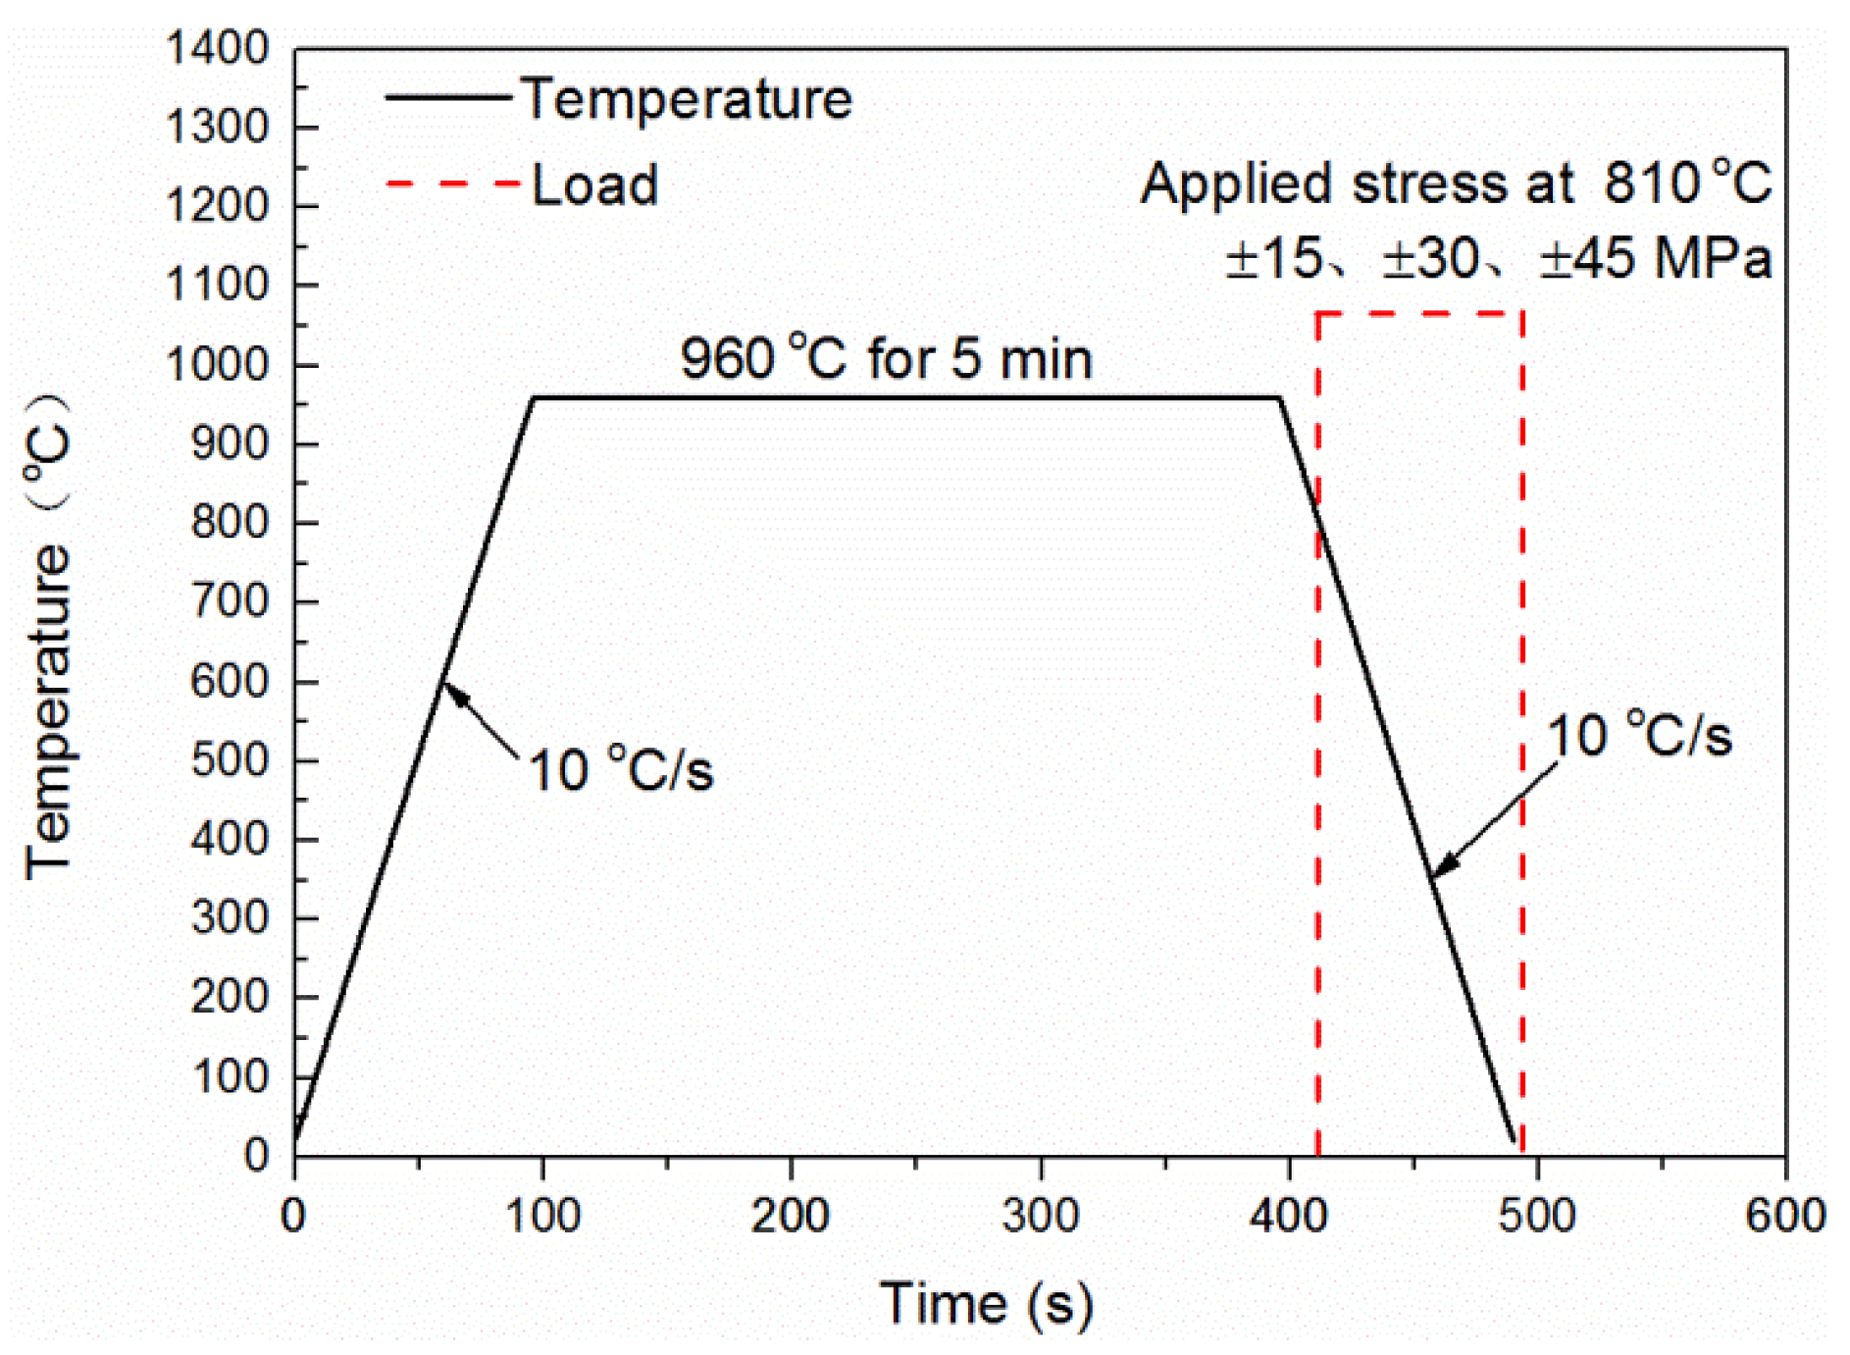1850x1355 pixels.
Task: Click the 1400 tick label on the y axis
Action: tap(217, 48)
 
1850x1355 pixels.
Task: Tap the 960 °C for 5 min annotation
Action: tap(886, 358)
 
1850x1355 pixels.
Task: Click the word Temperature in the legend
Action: tap(687, 99)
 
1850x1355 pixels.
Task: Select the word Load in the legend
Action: tap(594, 184)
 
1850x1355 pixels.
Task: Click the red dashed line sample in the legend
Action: tap(452, 183)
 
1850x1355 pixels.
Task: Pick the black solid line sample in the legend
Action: tap(449, 97)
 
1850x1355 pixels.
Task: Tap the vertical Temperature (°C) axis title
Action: tap(49, 638)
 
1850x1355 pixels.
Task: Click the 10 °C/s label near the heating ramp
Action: tap(620, 770)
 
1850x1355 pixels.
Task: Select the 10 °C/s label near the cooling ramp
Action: tap(1638, 735)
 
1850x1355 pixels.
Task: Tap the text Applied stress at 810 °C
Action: tap(1456, 183)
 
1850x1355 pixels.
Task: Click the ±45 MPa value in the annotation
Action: tap(1656, 259)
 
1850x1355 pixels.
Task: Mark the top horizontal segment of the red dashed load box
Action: tap(1419, 314)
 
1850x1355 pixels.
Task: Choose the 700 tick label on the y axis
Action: tap(229, 600)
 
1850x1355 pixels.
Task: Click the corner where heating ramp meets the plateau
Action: tap(534, 397)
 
